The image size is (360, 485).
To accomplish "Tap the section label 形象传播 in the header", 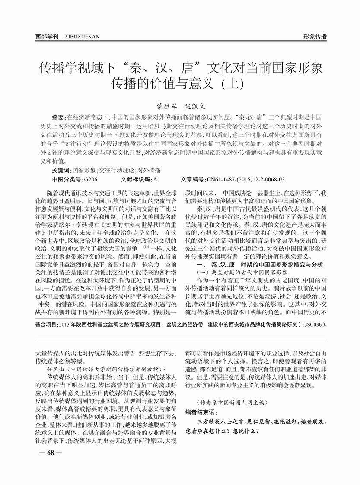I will coord(315,37).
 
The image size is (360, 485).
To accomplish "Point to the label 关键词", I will coord(60,170).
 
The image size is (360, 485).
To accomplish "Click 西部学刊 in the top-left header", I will coord(47,37).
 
